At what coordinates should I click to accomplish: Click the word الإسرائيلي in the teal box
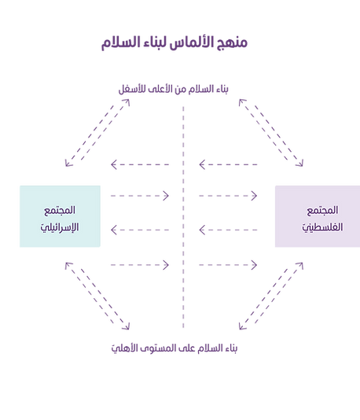[60, 228]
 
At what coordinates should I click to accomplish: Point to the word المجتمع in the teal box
[61, 210]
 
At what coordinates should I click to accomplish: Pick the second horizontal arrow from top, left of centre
[140, 193]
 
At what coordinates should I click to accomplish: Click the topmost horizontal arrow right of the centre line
[228, 164]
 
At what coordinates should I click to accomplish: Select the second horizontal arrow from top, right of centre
[229, 193]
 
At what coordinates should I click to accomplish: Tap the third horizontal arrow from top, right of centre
[228, 230]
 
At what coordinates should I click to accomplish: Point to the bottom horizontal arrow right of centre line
[229, 264]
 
